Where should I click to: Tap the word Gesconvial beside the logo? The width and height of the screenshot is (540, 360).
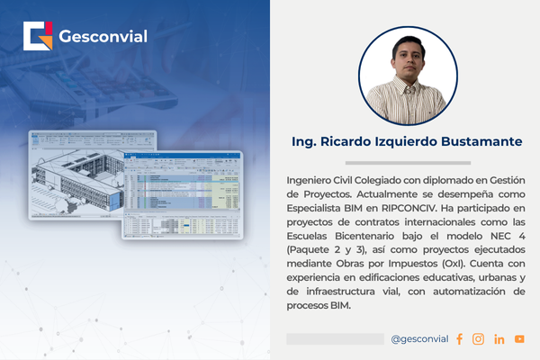103,38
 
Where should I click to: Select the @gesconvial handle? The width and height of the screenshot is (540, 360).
419,338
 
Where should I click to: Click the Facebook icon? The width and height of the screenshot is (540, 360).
459,338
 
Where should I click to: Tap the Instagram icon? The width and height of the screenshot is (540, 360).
478,338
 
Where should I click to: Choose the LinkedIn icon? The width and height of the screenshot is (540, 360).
499,338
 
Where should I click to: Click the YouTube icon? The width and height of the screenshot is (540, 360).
519,338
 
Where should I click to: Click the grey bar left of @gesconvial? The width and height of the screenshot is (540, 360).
335,338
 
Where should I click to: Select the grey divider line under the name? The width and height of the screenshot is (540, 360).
408,163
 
